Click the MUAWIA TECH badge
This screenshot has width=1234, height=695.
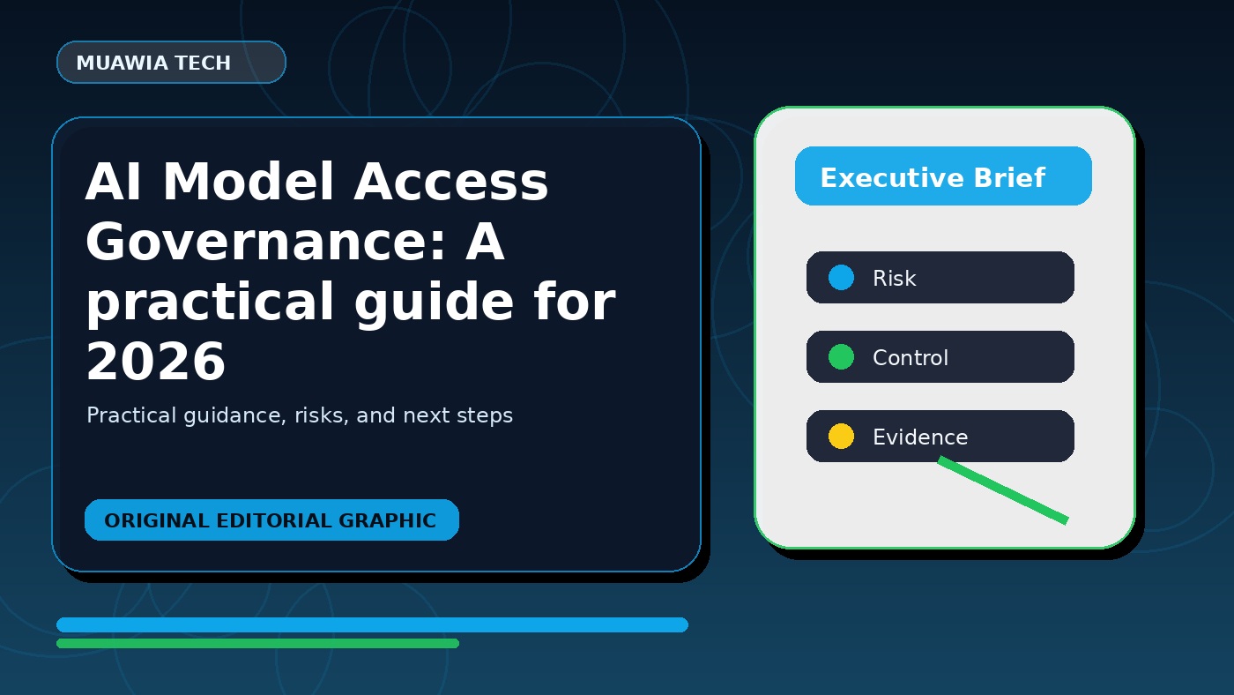pyautogui.click(x=171, y=63)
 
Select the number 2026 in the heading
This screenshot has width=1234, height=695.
pyautogui.click(x=156, y=362)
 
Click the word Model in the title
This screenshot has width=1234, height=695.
pyautogui.click(x=249, y=182)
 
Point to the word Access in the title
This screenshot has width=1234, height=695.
pyautogui.click(x=451, y=182)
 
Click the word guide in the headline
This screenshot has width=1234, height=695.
pyautogui.click(x=434, y=302)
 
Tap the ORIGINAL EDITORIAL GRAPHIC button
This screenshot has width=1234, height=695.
pyautogui.click(x=271, y=519)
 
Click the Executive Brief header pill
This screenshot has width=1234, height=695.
pyautogui.click(x=943, y=176)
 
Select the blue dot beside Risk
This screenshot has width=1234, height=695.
pyautogui.click(x=841, y=277)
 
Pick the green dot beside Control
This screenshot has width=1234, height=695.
pyautogui.click(x=841, y=356)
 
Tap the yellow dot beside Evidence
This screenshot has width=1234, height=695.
pyautogui.click(x=841, y=436)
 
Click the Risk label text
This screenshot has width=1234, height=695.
pyautogui.click(x=894, y=278)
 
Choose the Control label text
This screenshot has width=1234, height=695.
pyautogui.click(x=911, y=357)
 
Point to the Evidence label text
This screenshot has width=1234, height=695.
pyautogui.click(x=920, y=437)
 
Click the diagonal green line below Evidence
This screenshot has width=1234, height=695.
pyautogui.click(x=1003, y=490)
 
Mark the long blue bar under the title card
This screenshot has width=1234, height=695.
pyautogui.click(x=372, y=624)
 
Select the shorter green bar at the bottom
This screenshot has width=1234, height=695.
pyautogui.click(x=257, y=643)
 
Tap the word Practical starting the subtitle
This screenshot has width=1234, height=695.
pyautogui.click(x=131, y=415)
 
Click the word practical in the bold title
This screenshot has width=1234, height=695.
pyautogui.click(x=210, y=302)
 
